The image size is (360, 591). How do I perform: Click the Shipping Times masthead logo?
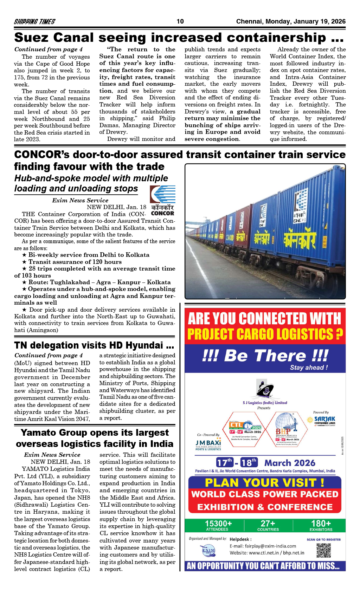[34, 21]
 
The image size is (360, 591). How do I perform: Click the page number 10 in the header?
[180, 21]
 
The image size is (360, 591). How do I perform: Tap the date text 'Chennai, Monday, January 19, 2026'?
[291, 21]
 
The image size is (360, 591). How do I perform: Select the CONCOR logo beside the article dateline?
[162, 200]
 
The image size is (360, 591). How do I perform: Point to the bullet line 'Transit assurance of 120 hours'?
[75, 262]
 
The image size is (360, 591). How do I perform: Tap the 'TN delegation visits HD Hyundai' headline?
[94, 345]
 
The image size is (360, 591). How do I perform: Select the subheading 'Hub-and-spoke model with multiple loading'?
[91, 178]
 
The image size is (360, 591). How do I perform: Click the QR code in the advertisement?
[323, 551]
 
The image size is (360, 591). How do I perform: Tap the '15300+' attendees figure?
[218, 524]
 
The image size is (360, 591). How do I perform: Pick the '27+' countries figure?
[268, 524]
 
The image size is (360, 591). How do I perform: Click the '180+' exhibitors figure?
[321, 524]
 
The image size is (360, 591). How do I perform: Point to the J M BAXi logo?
[208, 444]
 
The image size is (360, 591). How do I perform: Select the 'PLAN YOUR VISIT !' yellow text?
[264, 482]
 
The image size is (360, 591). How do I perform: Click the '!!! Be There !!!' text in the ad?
[265, 356]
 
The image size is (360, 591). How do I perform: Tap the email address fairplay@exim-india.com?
[263, 546]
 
